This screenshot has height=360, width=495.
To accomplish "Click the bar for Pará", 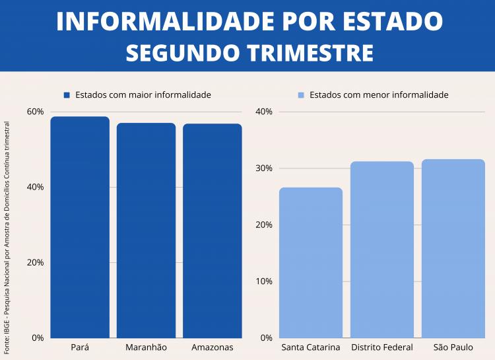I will tap(80, 227).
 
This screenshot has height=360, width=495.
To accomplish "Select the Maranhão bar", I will tap(146, 231).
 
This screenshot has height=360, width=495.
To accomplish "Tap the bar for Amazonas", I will tap(212, 231).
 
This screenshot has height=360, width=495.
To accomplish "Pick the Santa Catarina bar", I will tap(311, 263).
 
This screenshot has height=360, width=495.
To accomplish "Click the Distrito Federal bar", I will tap(381, 250).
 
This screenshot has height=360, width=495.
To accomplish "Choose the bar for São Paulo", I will tap(453, 248).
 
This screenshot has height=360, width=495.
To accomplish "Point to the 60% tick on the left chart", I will tap(35, 111).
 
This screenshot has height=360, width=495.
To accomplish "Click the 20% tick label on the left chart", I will tap(35, 262).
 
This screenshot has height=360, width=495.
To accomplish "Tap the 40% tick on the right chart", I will tap(264, 111).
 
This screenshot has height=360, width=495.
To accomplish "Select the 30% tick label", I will tap(264, 168).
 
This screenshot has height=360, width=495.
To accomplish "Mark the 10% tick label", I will tap(264, 281).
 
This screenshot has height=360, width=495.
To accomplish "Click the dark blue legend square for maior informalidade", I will tap(67, 95).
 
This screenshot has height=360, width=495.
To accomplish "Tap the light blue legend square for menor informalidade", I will tap(301, 95).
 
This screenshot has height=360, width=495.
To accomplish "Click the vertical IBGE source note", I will tap(7, 236).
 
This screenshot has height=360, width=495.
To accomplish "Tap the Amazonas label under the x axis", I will tap(212, 347).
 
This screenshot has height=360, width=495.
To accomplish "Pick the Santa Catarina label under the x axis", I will tap(311, 347).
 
